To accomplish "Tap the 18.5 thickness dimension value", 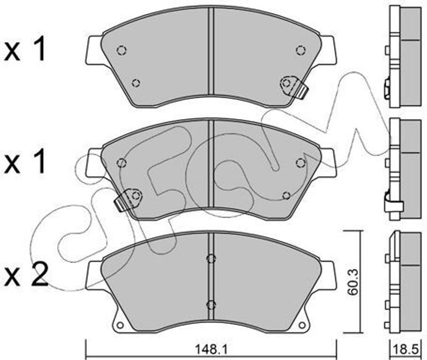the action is pyautogui.click(x=407, y=350).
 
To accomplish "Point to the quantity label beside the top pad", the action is pyautogui.click(x=25, y=49).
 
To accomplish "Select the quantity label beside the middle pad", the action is pyautogui.click(x=25, y=162).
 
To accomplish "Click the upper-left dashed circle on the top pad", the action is pyautogui.click(x=121, y=50).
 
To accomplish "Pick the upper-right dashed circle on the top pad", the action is pyautogui.click(x=301, y=50).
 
